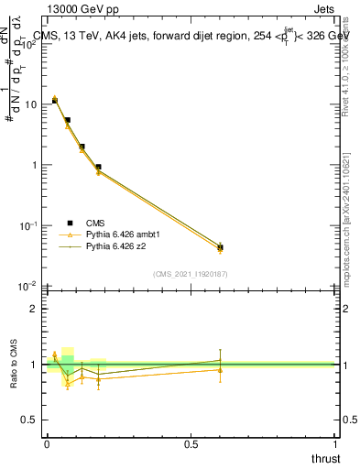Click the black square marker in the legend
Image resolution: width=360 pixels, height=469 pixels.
(x=70, y=223)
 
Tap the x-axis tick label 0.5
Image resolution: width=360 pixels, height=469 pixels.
(x=191, y=444)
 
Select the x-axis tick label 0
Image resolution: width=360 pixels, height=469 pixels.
(x=47, y=444)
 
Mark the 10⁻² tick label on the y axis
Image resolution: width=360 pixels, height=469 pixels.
(x=28, y=286)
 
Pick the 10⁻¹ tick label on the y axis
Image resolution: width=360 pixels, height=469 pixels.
(x=28, y=225)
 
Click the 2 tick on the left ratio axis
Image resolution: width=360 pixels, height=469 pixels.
(x=34, y=308)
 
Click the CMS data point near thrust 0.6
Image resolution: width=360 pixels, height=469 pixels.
(x=220, y=247)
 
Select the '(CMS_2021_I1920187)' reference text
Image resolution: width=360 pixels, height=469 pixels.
(x=191, y=274)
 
